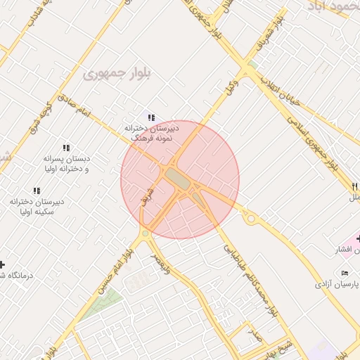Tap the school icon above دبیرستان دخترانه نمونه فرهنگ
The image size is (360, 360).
pyautogui.click(x=150, y=117)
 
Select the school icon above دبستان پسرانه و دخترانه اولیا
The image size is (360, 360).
pyautogui.click(x=66, y=148)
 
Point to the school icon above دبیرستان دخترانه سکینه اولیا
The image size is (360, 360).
pyautogui.click(x=37, y=191)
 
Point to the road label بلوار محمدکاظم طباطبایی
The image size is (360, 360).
pyautogui.click(x=250, y=281)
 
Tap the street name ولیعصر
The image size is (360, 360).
pyautogui.click(x=166, y=264)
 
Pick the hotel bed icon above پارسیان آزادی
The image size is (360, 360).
pyautogui.click(x=344, y=273)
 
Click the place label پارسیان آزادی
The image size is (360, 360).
pyautogui.click(x=336, y=284)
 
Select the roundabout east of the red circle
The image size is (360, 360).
pyautogui.click(x=250, y=219)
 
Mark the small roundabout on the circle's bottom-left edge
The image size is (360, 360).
pyautogui.click(x=145, y=233)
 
